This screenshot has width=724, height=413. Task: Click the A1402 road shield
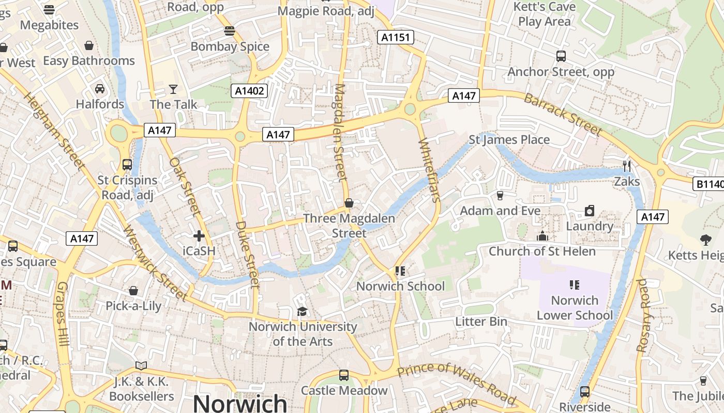pyautogui.click(x=249, y=91)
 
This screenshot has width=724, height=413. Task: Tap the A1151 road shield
pyautogui.click(x=396, y=37)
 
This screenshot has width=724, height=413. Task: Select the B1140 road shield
pyautogui.click(x=708, y=184)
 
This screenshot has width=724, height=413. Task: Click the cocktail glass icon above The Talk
pyautogui.click(x=173, y=89)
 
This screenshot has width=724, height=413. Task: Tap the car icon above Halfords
pyautogui.click(x=100, y=89)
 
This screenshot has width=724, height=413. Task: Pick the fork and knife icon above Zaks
pyautogui.click(x=627, y=166)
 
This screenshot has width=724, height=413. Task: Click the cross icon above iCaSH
pyautogui.click(x=199, y=236)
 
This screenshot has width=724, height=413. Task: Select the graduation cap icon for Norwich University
pyautogui.click(x=303, y=311)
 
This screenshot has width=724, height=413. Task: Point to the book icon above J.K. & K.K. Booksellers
pyautogui.click(x=141, y=366)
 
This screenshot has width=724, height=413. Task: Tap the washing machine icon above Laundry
pyautogui.click(x=589, y=211)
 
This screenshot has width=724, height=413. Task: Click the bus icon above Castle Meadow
pyautogui.click(x=344, y=375)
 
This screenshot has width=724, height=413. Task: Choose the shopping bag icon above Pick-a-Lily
pyautogui.click(x=133, y=291)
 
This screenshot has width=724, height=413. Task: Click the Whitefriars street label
pyautogui.click(x=429, y=170)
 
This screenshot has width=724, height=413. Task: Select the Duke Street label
pyautogui.click(x=247, y=254)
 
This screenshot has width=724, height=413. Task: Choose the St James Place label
pyautogui.click(x=509, y=139)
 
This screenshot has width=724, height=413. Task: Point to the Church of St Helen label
pyautogui.click(x=542, y=251)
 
